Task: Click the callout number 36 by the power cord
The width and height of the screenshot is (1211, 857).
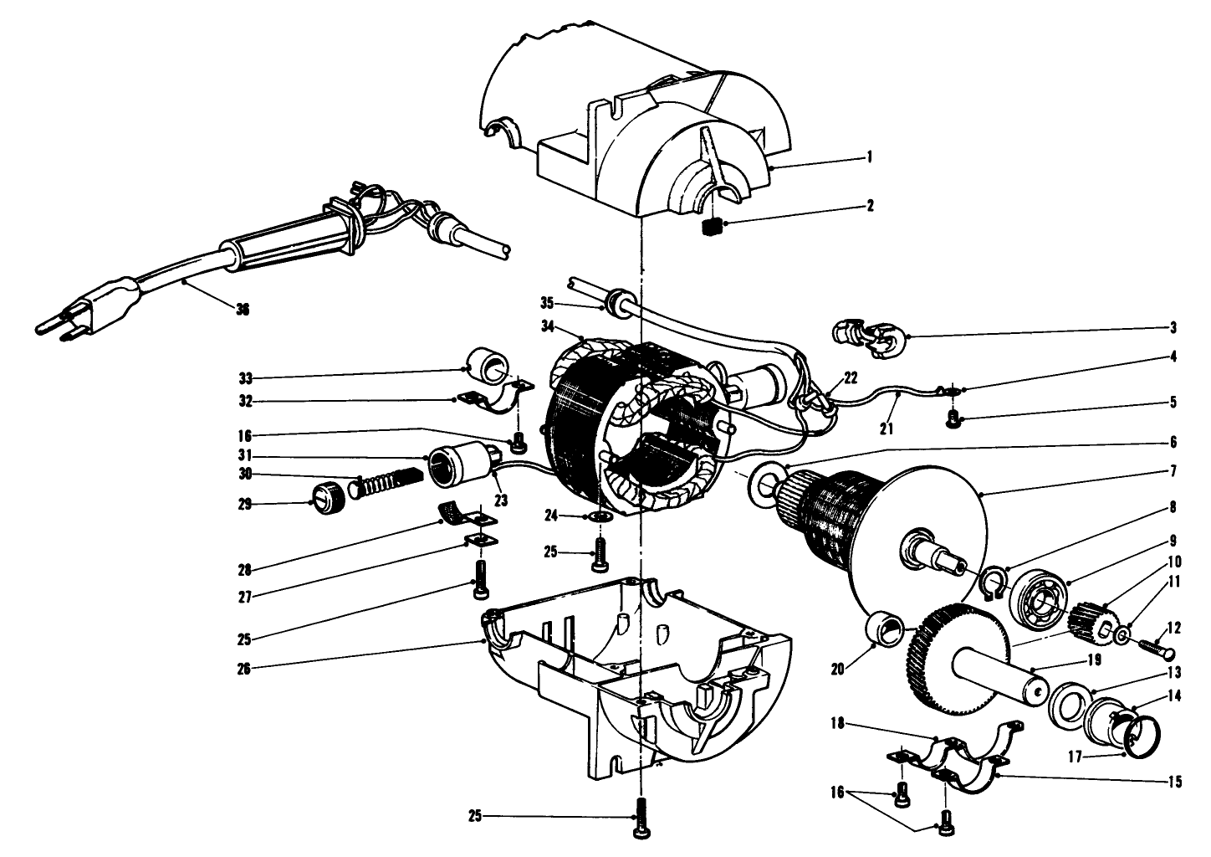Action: pos(243,309)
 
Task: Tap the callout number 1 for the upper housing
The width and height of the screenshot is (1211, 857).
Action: pos(870,157)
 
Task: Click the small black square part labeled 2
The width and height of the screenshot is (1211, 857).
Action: pos(713,227)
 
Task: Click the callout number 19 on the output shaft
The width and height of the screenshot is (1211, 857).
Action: pos(1093,659)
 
